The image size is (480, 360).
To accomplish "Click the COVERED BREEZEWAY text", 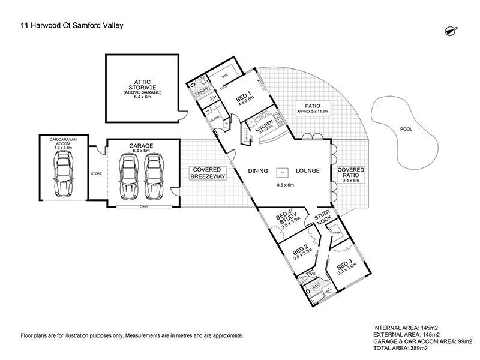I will pos(206,173).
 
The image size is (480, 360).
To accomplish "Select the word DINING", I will pos(259,171).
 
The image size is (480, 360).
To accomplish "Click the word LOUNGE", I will pos(307,171).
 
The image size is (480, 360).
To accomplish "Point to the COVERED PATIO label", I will pos(350,173).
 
